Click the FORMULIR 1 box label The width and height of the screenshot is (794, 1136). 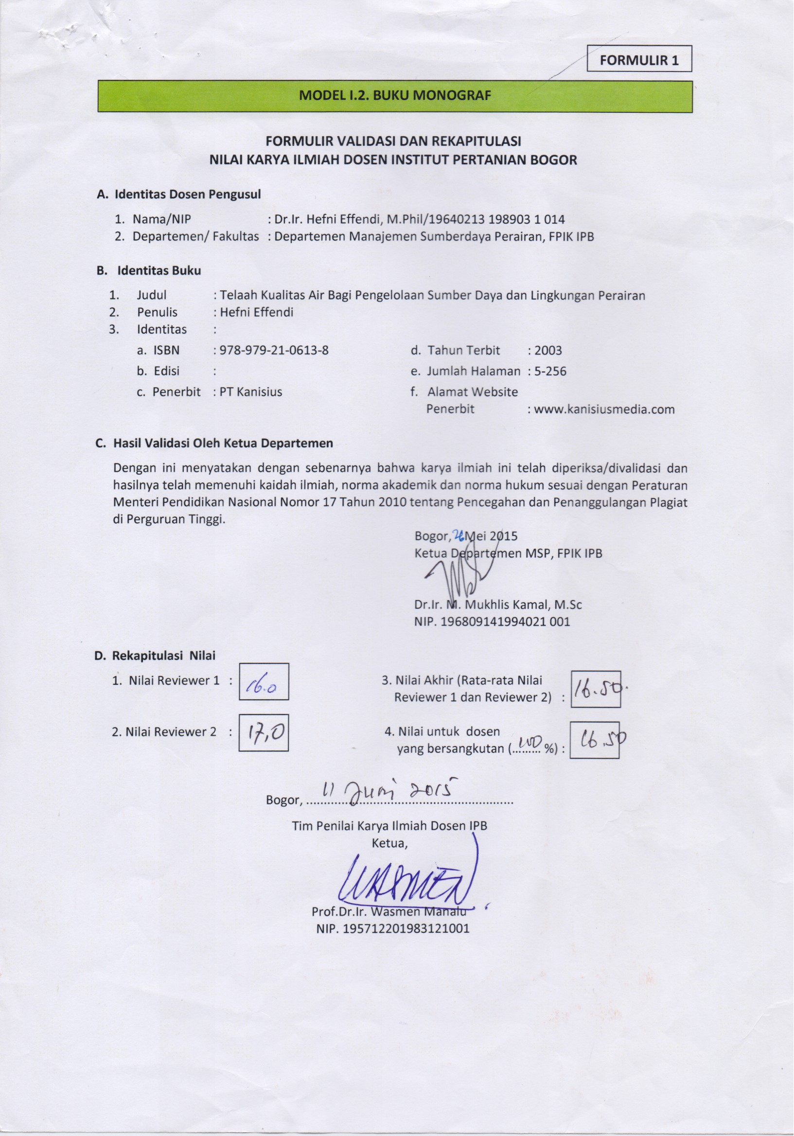(x=639, y=60)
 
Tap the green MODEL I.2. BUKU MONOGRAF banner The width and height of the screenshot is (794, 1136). (x=395, y=96)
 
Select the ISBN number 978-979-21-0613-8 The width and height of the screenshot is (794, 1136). (x=274, y=350)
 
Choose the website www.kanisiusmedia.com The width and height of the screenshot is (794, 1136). (x=604, y=409)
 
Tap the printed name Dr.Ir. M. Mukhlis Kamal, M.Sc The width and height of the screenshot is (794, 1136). (x=498, y=604)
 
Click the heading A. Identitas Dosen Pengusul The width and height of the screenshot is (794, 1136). (x=178, y=195)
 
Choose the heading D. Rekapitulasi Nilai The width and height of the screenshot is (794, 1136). (x=155, y=656)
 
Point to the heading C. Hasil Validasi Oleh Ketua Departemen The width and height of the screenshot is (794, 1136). (x=214, y=444)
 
